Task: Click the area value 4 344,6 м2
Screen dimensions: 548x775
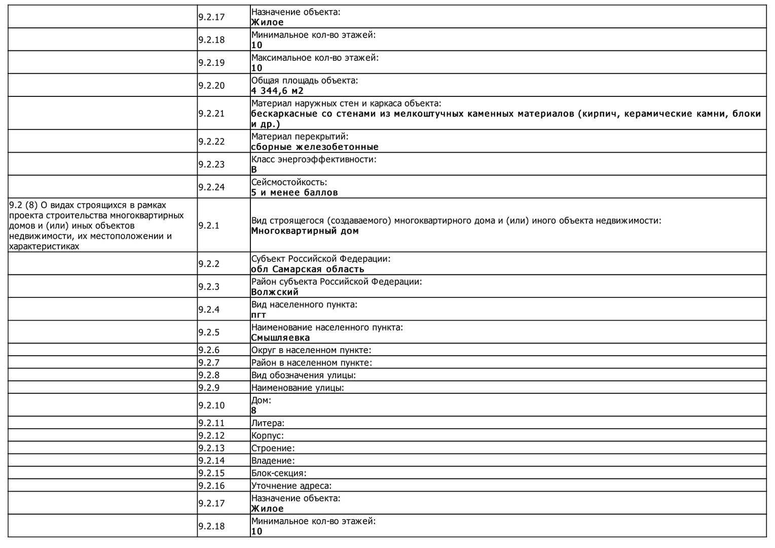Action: (x=277, y=91)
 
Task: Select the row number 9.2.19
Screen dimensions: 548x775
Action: (x=211, y=63)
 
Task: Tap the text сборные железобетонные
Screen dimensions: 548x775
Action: (x=315, y=147)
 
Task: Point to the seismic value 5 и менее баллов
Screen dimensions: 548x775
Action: (x=294, y=193)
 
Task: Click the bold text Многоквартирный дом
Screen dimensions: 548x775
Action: (x=305, y=231)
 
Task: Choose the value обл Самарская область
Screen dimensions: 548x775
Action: (x=308, y=269)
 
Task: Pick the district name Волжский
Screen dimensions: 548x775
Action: (x=275, y=292)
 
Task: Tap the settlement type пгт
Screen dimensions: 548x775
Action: (x=259, y=315)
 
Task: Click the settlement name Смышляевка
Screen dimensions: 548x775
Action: (x=280, y=338)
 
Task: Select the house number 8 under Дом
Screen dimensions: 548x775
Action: (x=254, y=410)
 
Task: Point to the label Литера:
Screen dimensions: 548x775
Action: (x=268, y=423)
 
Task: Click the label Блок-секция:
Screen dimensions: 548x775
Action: (x=279, y=473)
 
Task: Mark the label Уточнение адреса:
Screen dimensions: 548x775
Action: (x=291, y=486)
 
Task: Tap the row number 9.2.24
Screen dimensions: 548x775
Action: (x=211, y=187)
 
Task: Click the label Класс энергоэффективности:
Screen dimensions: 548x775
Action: (x=314, y=159)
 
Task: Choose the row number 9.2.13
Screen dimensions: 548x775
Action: (x=211, y=448)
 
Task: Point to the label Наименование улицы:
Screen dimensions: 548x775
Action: (x=298, y=388)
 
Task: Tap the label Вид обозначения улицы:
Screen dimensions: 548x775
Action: (x=303, y=375)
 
